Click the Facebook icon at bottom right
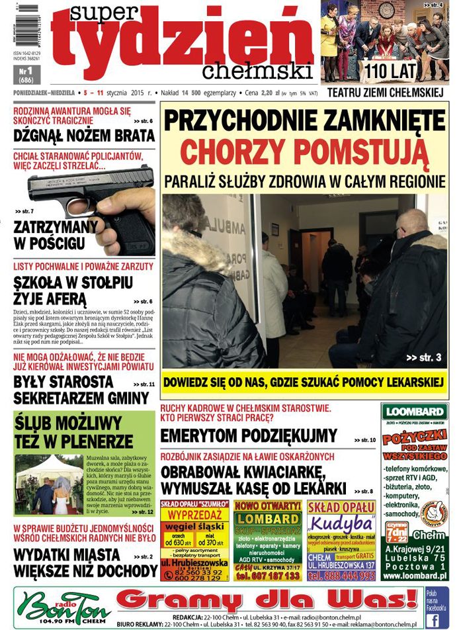433,619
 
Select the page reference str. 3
423,358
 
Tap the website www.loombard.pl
415,576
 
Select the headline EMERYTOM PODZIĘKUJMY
249,436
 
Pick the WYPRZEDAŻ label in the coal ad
194,514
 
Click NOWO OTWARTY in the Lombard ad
268,506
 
